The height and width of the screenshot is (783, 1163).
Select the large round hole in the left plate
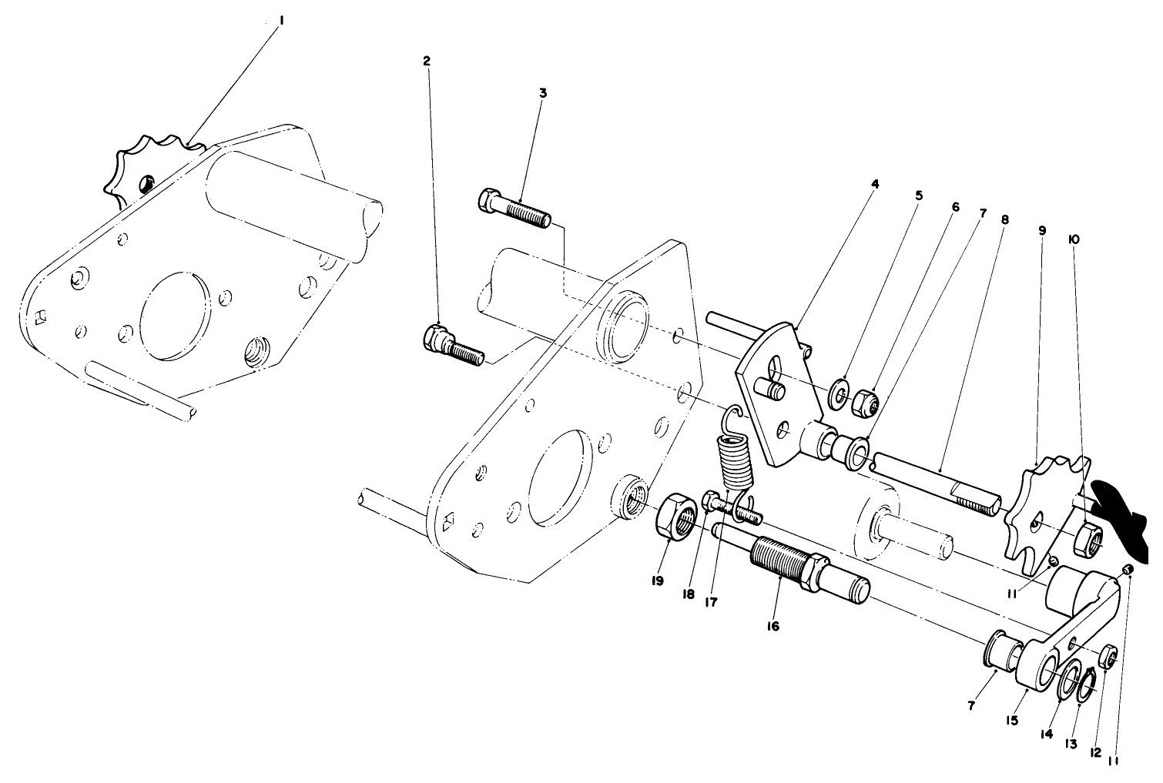[175, 314]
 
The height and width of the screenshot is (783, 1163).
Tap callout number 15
[1011, 721]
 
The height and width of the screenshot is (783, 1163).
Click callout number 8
[1004, 219]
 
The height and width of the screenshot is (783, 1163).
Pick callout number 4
[875, 184]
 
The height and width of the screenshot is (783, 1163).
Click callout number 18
[688, 594]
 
